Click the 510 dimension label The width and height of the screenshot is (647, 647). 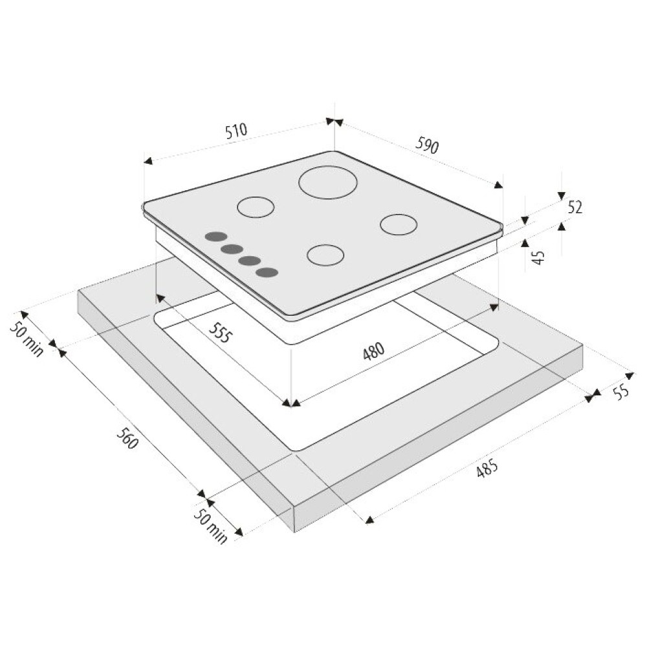(236, 130)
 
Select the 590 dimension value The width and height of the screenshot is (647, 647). (427, 145)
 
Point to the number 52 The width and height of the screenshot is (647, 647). (575, 207)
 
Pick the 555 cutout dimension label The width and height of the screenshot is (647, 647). (219, 333)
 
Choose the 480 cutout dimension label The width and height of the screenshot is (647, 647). (374, 351)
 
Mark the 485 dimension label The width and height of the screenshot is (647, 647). (487, 468)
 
